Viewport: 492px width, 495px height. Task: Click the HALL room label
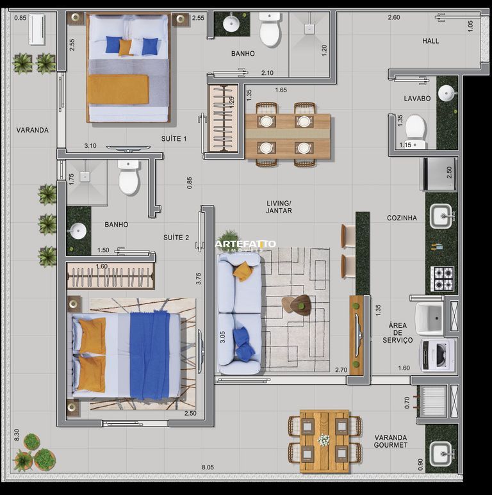430,41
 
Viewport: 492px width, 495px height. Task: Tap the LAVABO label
417,99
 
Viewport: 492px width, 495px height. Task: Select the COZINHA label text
402,218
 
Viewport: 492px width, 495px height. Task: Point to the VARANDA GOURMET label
391,441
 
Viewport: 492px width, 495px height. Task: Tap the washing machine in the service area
438,355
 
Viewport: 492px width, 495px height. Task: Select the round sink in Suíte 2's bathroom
78,231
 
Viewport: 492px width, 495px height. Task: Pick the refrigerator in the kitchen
439,174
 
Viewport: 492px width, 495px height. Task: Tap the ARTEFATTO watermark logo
245,244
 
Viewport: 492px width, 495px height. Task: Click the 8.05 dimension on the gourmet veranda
208,467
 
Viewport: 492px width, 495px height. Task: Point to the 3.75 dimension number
199,279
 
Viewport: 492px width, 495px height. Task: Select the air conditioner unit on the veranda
37,29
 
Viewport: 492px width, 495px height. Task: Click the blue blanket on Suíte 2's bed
150,355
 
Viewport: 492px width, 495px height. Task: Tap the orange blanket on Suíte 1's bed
118,89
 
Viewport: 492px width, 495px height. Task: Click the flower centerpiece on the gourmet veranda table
324,440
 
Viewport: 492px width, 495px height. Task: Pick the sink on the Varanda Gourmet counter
441,453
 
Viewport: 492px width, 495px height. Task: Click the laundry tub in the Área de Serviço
429,318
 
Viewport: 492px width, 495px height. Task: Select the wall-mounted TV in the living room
357,336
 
